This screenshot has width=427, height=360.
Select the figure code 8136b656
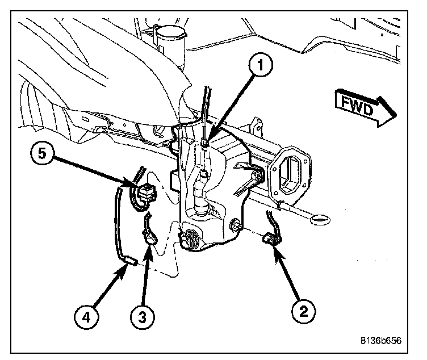pos(380,341)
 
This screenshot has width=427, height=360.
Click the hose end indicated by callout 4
pos(130,261)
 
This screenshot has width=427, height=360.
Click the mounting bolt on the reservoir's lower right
pos(233,228)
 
